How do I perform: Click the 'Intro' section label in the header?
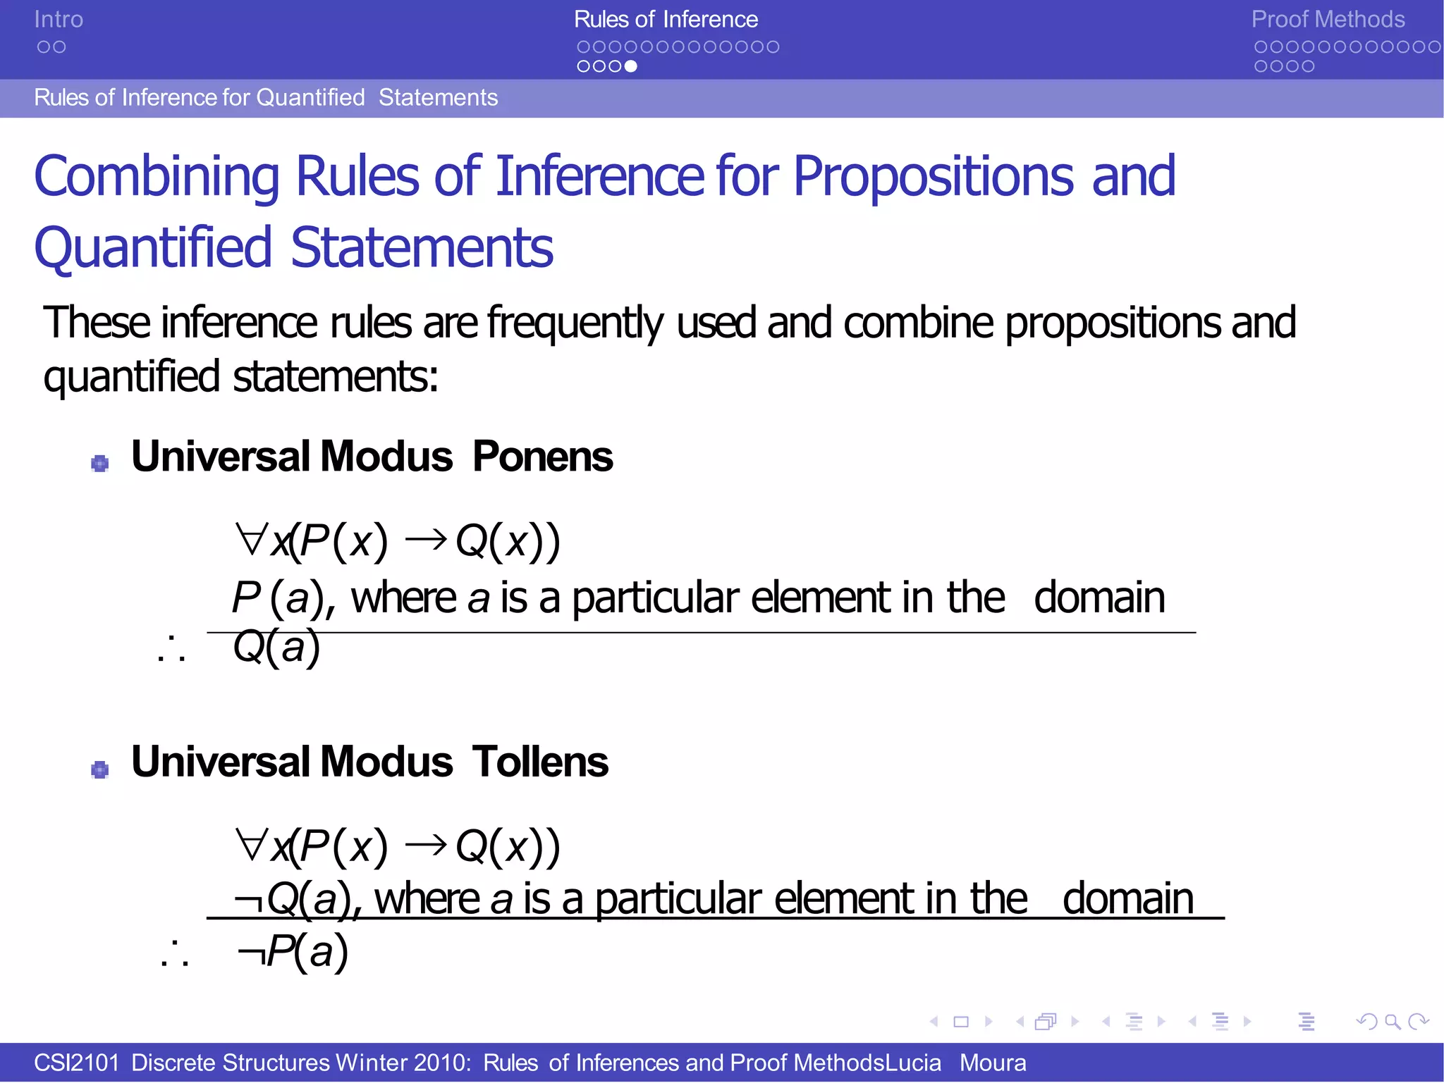[59, 20]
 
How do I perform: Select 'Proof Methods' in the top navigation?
[1328, 20]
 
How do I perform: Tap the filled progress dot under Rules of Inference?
[631, 66]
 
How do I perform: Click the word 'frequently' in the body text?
[575, 323]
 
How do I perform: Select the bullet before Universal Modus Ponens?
[100, 463]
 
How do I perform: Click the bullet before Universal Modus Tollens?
[100, 769]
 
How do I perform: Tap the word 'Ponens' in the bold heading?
[542, 457]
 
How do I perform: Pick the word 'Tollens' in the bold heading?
[540, 762]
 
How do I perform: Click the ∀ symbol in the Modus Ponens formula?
[250, 540]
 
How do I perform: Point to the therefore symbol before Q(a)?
[171, 648]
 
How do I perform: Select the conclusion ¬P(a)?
[293, 951]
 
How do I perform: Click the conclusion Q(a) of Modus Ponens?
[276, 647]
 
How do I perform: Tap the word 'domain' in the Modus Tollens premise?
[1127, 899]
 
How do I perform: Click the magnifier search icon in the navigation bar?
[1392, 1021]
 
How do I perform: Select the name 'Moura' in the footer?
[992, 1063]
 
